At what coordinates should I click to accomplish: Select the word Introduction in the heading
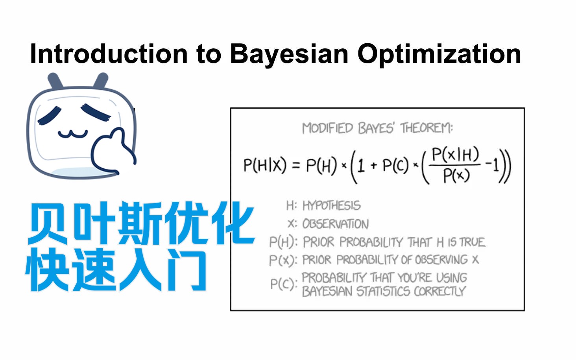pos(109,54)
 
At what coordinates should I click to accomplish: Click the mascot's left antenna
pos(55,81)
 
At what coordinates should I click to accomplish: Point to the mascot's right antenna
pos(101,81)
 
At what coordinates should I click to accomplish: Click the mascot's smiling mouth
pos(73,134)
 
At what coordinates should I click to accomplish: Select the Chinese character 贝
pos(48,223)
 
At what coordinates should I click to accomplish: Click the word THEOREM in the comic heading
pos(426,128)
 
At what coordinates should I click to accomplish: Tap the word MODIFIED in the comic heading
pos(327,128)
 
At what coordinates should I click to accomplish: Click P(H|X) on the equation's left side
pos(265,165)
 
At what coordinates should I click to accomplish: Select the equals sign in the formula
pos(296,165)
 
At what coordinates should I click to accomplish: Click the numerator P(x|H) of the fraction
pos(455,154)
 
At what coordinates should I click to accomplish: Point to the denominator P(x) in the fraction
pos(456,175)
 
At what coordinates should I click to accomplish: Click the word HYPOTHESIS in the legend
pos(332,206)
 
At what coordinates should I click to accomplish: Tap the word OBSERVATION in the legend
pos(336,224)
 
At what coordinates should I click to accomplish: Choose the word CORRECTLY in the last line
pos(440,291)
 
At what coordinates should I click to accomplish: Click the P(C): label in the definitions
pos(284,284)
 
